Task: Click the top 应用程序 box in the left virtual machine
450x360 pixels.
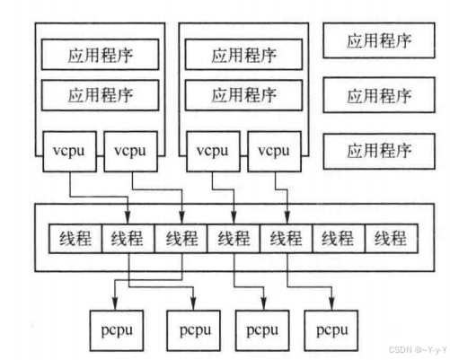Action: [x=101, y=54]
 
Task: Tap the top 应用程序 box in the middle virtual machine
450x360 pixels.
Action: [x=244, y=54]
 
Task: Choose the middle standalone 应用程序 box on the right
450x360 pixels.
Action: [x=379, y=94]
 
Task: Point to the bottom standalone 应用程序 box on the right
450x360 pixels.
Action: [x=379, y=147]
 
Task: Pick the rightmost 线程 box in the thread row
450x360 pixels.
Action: [x=392, y=238]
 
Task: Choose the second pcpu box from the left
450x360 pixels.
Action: [x=193, y=329]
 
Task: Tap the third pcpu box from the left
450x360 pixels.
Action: [x=261, y=329]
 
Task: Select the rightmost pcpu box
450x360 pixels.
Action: [x=331, y=329]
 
